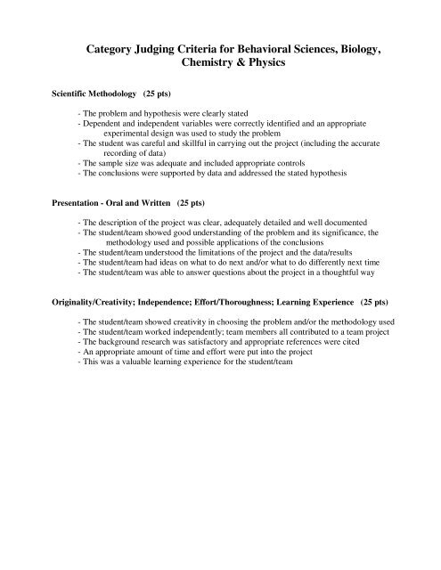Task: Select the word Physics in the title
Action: (290, 66)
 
